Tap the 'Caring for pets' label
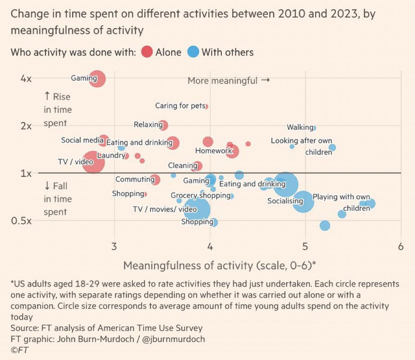point(180,106)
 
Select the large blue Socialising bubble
point(286,185)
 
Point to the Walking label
point(300,127)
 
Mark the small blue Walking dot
point(314,128)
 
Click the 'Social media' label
point(82,140)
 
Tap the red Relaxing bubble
point(163,125)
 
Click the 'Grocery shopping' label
point(201,195)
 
